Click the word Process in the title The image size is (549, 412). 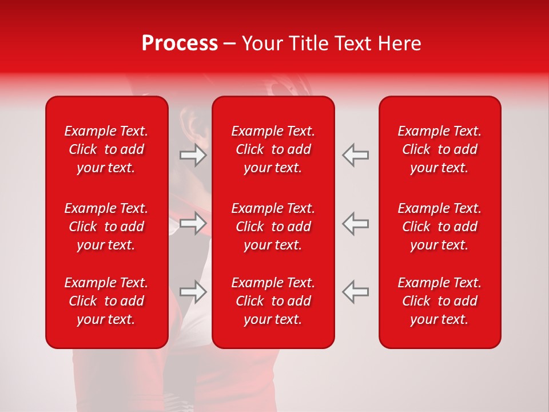coord(180,43)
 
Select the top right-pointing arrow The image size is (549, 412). coord(193,155)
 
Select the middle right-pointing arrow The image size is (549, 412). coord(193,223)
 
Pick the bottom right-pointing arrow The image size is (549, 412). coord(193,291)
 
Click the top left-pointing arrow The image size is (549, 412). coord(355,155)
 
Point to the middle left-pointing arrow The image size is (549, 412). coord(355,223)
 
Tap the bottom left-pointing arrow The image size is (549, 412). coord(355,291)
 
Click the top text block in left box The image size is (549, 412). coord(106,149)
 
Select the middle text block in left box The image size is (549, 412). coord(106,227)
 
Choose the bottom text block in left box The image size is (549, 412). coord(106,301)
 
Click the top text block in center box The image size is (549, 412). coord(273,149)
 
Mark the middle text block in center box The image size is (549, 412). coord(273,227)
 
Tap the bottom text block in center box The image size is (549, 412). coord(273,301)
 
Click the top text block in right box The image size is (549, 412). coord(440,149)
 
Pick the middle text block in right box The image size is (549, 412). coord(440,227)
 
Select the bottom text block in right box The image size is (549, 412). coord(440,301)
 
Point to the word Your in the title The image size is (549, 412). coord(262,43)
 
